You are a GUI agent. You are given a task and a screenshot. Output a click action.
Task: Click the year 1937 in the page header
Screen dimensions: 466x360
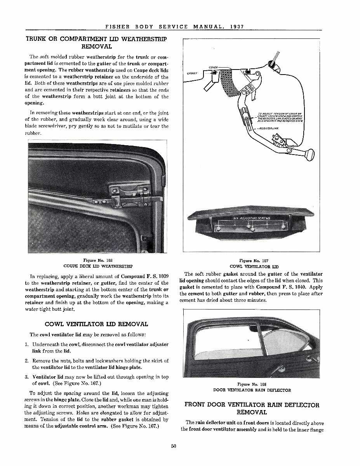coord(237,27)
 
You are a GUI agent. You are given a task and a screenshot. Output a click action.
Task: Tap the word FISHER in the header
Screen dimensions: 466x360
coord(117,27)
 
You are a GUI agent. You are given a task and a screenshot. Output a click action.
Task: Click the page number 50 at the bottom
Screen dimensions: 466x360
coord(174,446)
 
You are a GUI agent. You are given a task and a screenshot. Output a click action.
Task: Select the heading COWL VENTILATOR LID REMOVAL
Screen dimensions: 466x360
coord(96,324)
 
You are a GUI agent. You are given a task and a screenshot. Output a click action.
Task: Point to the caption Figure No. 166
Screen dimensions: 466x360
coord(98,261)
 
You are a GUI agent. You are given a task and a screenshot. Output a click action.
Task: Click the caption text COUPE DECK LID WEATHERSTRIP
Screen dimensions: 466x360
coord(98,266)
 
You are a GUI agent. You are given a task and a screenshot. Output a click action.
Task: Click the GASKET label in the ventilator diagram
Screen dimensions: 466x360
coord(192,73)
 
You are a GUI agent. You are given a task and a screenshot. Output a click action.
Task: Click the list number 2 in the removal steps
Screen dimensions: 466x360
coord(26,361)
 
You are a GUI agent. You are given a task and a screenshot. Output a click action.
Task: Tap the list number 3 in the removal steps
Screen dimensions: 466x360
coord(26,377)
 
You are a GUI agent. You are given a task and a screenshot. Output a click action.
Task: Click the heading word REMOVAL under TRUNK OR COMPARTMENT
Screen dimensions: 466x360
coord(97,47)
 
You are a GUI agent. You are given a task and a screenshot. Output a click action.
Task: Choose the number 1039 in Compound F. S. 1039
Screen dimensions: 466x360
coord(161,276)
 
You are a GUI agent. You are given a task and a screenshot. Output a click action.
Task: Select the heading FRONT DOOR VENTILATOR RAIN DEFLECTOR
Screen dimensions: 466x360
coord(252,405)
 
